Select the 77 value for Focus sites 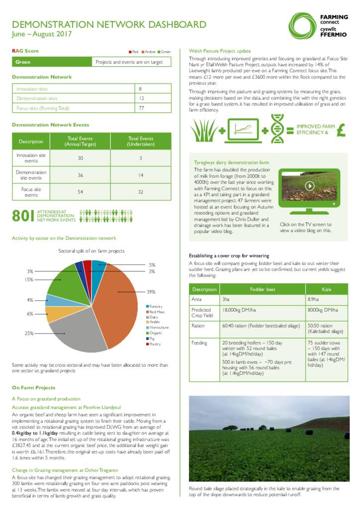coord(142,108)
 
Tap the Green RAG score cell coord(23,62)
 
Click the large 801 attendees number coord(23,215)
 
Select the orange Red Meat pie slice coord(117,303)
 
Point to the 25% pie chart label coord(30,333)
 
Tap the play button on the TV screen coord(309,186)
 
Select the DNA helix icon coord(277,128)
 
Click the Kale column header coord(326,289)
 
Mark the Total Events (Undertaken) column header coord(141,141)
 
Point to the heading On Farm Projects coord(33,388)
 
